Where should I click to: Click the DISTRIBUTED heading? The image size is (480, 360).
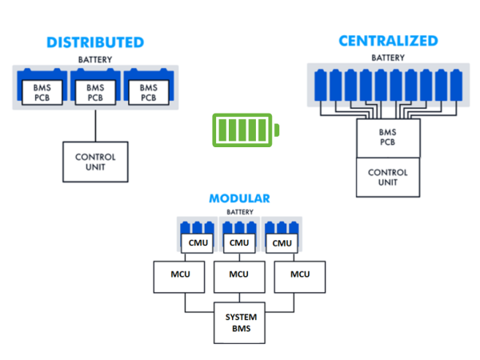coord(95,42)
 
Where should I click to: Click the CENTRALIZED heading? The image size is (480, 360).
coord(388,41)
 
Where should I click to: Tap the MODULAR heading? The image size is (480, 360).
coord(239,198)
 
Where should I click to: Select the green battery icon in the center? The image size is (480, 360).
coord(246,130)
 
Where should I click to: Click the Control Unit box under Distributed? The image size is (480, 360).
coord(96,162)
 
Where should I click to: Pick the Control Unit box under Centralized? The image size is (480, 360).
coord(387,177)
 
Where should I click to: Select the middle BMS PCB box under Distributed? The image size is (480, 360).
coord(95,91)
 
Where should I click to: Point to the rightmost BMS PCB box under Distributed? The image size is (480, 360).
coord(148,91)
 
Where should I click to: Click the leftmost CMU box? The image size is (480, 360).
coord(197,243)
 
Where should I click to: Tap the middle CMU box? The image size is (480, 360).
coord(238,243)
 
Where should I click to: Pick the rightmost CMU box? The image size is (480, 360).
coord(281,243)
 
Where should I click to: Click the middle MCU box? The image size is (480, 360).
coord(238,274)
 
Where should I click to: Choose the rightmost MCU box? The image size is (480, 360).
coord(300,274)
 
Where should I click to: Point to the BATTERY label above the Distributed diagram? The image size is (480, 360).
coord(95,60)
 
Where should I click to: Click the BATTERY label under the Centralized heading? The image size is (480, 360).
coord(388,58)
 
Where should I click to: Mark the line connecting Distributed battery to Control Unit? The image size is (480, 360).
coord(96,124)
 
